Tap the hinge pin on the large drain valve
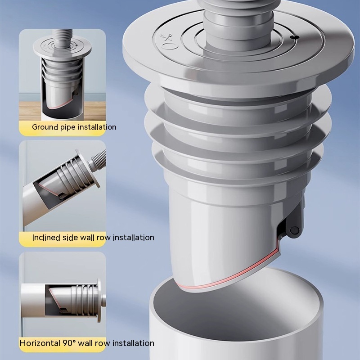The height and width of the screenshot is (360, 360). point(294,230)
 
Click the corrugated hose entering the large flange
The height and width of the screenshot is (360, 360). point(239,21)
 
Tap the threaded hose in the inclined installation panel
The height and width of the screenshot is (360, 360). point(98,161)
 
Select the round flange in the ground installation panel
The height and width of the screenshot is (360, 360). point(63,48)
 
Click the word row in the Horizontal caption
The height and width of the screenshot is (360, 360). point(103,343)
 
